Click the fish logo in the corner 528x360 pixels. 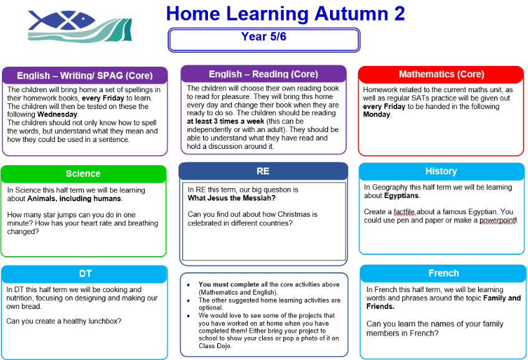click(x=80, y=26)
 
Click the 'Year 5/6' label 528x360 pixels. click(x=263, y=36)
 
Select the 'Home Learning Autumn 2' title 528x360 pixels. click(x=285, y=14)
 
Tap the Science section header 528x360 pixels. click(x=83, y=173)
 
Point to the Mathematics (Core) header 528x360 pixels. click(x=441, y=74)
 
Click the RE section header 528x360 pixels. click(x=263, y=171)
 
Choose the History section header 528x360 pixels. click(x=441, y=171)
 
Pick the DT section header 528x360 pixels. click(x=85, y=273)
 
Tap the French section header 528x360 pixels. click(x=443, y=273)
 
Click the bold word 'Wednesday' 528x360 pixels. click(x=57, y=115)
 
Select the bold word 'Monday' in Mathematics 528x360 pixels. click(x=377, y=115)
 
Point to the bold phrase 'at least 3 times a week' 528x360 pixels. click(x=225, y=121)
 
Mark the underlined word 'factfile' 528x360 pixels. click(x=404, y=212)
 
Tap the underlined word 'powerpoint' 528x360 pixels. click(x=497, y=220)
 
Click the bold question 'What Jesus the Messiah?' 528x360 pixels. click(x=232, y=198)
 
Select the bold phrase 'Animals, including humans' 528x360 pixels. click(x=74, y=199)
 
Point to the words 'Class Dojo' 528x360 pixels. click(x=214, y=346)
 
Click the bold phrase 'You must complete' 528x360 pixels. click(x=229, y=284)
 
